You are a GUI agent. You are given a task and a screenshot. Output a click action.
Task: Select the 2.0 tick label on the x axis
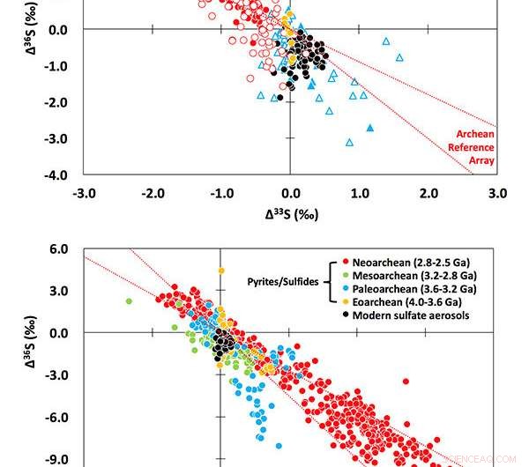[x=428, y=193]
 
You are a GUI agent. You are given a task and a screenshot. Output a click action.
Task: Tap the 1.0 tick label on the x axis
[x=359, y=193]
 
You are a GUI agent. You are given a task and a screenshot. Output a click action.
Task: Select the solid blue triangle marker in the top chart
[x=370, y=129]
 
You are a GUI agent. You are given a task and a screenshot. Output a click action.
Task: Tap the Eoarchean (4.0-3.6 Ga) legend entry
[x=410, y=300]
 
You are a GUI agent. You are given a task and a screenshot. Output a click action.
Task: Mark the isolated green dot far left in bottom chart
[x=129, y=301]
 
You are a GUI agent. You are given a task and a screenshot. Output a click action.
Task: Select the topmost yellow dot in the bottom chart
[x=221, y=271]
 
